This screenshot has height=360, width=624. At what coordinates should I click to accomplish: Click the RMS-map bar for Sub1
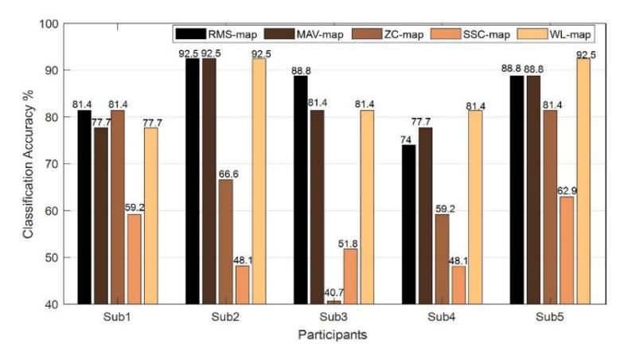coord(84,207)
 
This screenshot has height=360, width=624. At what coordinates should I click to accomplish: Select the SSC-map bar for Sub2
coord(242,285)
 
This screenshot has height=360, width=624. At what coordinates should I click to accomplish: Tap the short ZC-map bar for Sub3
coord(333,303)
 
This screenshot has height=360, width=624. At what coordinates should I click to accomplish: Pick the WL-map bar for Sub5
coord(583,182)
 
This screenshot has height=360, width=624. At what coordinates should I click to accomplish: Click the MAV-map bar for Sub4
coord(425,216)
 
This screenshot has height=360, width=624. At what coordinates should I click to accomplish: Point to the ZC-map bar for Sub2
coord(226,242)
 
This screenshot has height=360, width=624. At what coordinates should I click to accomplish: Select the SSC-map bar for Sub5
coord(567,250)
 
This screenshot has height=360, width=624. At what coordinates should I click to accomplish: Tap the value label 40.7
coord(334,293)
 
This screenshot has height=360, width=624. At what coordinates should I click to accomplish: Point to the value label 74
coord(406,140)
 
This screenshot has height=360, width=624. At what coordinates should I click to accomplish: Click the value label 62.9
coord(567,191)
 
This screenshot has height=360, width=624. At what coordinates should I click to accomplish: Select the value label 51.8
coord(348,244)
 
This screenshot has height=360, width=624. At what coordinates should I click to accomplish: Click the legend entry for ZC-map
coord(388,34)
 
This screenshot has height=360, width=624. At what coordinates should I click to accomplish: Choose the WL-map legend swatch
coord(532,34)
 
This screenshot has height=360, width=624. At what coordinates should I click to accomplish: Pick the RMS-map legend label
coord(232,35)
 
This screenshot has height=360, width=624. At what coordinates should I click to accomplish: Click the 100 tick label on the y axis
coord(49,24)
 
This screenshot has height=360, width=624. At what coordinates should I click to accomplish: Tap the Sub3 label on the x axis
coord(333,317)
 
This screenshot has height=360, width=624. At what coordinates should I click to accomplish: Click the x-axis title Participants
coord(333,335)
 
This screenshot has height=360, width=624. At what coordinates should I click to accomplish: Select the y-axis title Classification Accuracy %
coord(29,164)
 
